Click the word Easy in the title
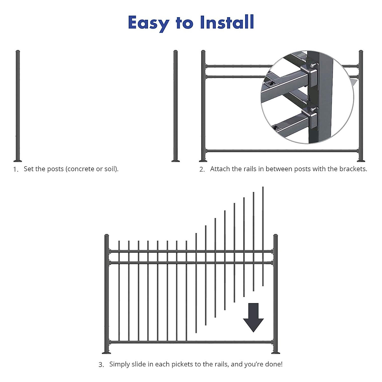point(148,23)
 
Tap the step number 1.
point(16,169)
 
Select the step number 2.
point(202,169)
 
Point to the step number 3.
point(101,365)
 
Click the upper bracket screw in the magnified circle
point(314,65)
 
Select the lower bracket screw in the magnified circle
point(314,109)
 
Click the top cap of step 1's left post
point(18,51)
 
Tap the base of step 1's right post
point(175,160)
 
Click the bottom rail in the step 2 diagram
point(282,151)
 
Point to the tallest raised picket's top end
point(263,188)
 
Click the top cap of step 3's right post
point(276,236)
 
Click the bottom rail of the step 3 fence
point(191,342)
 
